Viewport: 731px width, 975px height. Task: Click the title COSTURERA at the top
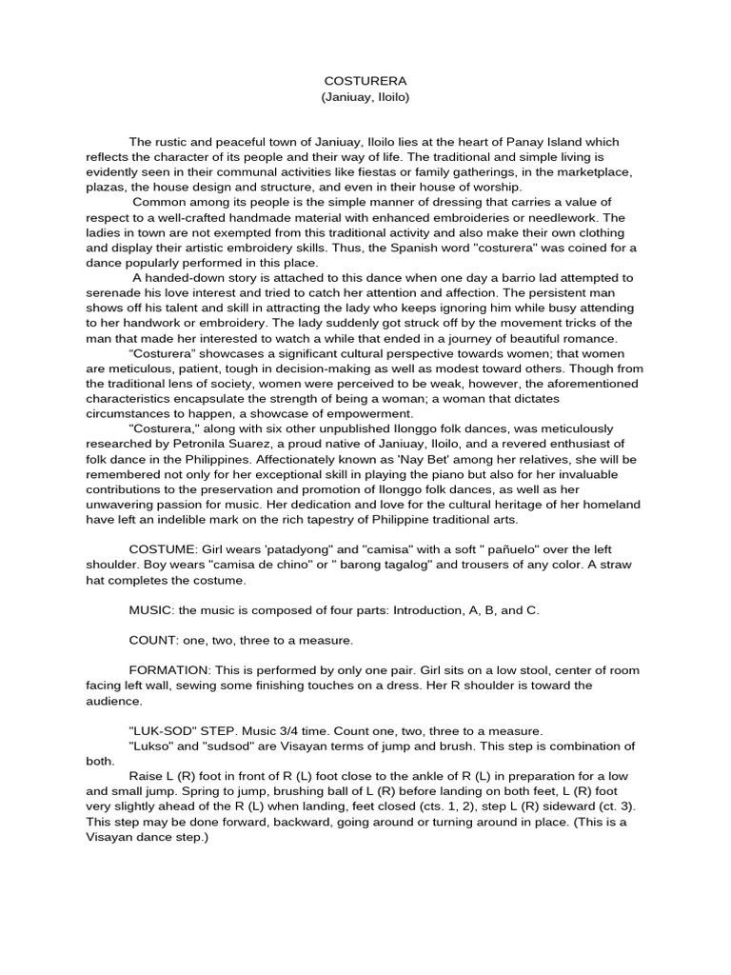(365, 82)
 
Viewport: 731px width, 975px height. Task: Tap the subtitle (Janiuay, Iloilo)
(365, 99)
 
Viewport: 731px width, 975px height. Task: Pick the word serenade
(116, 292)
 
